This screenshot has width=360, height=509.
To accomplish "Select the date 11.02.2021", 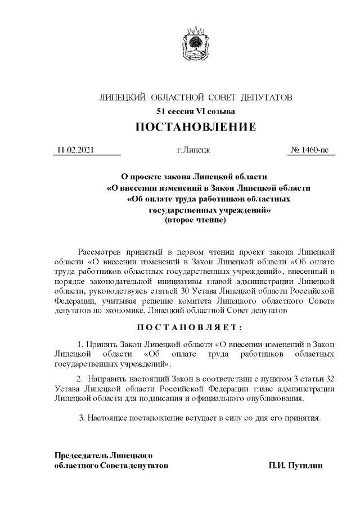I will [75, 151].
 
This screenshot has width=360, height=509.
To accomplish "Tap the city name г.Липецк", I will [193, 151].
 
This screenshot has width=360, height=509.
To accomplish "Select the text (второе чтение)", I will [195, 221].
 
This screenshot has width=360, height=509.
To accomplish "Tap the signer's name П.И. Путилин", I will [296, 466].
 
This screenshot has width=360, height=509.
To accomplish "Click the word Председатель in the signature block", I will [80, 455].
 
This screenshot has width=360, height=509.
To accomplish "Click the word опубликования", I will [276, 398].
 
